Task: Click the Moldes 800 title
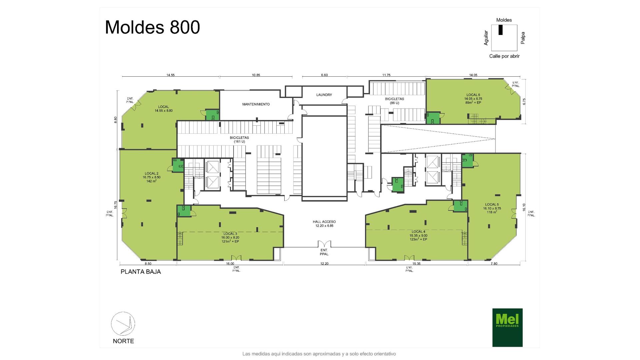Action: pos(152,27)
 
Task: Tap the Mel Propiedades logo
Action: pos(507,327)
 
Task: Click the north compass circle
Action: pos(123,324)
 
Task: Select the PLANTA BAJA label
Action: pos(141,272)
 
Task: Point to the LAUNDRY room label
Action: pos(324,95)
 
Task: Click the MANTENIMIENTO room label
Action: pos(256,104)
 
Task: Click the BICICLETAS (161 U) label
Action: pos(239,140)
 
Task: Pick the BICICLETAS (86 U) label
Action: pos(394,101)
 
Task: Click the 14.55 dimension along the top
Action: pos(170,75)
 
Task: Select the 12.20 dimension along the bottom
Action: pos(324,264)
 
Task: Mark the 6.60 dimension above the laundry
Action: pos(324,75)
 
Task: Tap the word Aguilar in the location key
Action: pos(486,38)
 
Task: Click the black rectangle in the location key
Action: pos(500,30)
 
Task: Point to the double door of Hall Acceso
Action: pos(324,244)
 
